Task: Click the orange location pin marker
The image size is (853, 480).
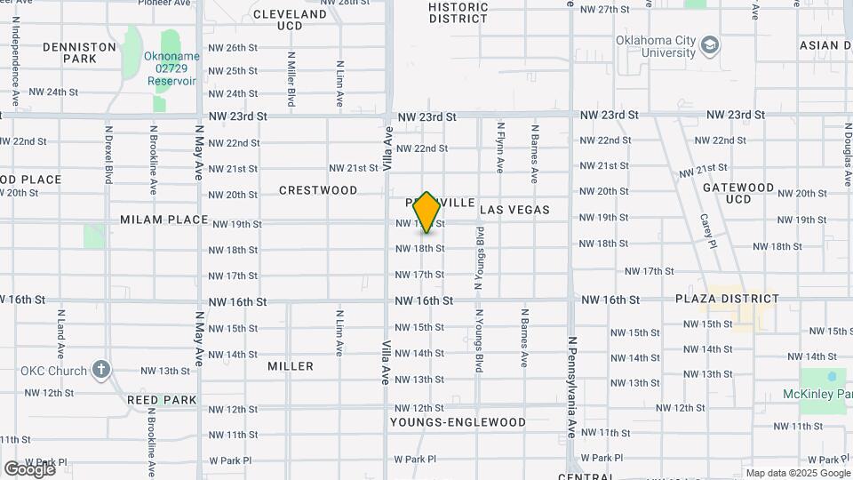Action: click(426, 212)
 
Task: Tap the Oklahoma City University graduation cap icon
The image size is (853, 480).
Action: click(710, 44)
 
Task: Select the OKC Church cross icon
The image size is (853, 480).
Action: click(102, 370)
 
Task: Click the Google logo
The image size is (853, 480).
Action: click(29, 468)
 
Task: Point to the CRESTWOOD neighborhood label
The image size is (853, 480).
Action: click(318, 190)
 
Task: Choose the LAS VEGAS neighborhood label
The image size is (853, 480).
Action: click(514, 210)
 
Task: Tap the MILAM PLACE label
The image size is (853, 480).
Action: click(164, 220)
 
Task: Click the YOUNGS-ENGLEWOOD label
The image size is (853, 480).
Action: click(458, 422)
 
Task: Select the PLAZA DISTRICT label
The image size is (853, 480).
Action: click(727, 300)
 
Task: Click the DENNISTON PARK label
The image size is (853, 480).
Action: click(92, 52)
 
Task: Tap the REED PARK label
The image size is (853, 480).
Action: click(162, 400)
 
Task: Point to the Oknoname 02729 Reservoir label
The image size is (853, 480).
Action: click(171, 68)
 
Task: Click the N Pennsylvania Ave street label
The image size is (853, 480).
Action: click(572, 387)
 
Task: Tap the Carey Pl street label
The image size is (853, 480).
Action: click(707, 231)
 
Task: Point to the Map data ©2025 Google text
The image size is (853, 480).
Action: click(796, 473)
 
